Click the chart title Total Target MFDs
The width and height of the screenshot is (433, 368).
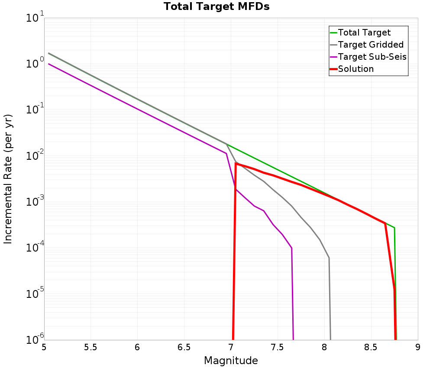click(216, 7)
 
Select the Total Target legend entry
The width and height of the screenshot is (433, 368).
click(364, 32)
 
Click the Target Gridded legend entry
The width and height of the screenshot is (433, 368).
click(370, 45)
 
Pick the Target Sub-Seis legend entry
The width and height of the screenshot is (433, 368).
click(372, 57)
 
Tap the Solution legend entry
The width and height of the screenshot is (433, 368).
click(355, 69)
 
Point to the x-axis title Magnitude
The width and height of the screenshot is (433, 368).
click(231, 361)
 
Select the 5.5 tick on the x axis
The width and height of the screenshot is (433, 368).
click(91, 347)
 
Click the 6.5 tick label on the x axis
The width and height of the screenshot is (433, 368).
click(184, 347)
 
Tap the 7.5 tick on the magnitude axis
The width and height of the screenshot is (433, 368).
click(278, 347)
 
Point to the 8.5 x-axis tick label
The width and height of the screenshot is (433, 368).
click(371, 347)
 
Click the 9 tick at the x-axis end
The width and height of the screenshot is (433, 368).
click(418, 347)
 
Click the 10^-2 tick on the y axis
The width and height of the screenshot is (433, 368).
click(35, 156)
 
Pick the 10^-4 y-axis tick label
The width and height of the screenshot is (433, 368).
click(35, 248)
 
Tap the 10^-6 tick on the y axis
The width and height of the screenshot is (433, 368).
click(35, 340)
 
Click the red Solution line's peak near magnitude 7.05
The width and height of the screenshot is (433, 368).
click(236, 163)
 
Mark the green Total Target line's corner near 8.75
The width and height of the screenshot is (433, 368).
click(394, 228)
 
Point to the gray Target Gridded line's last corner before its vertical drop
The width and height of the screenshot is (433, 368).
click(329, 258)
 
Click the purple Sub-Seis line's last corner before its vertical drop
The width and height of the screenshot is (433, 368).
click(292, 248)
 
